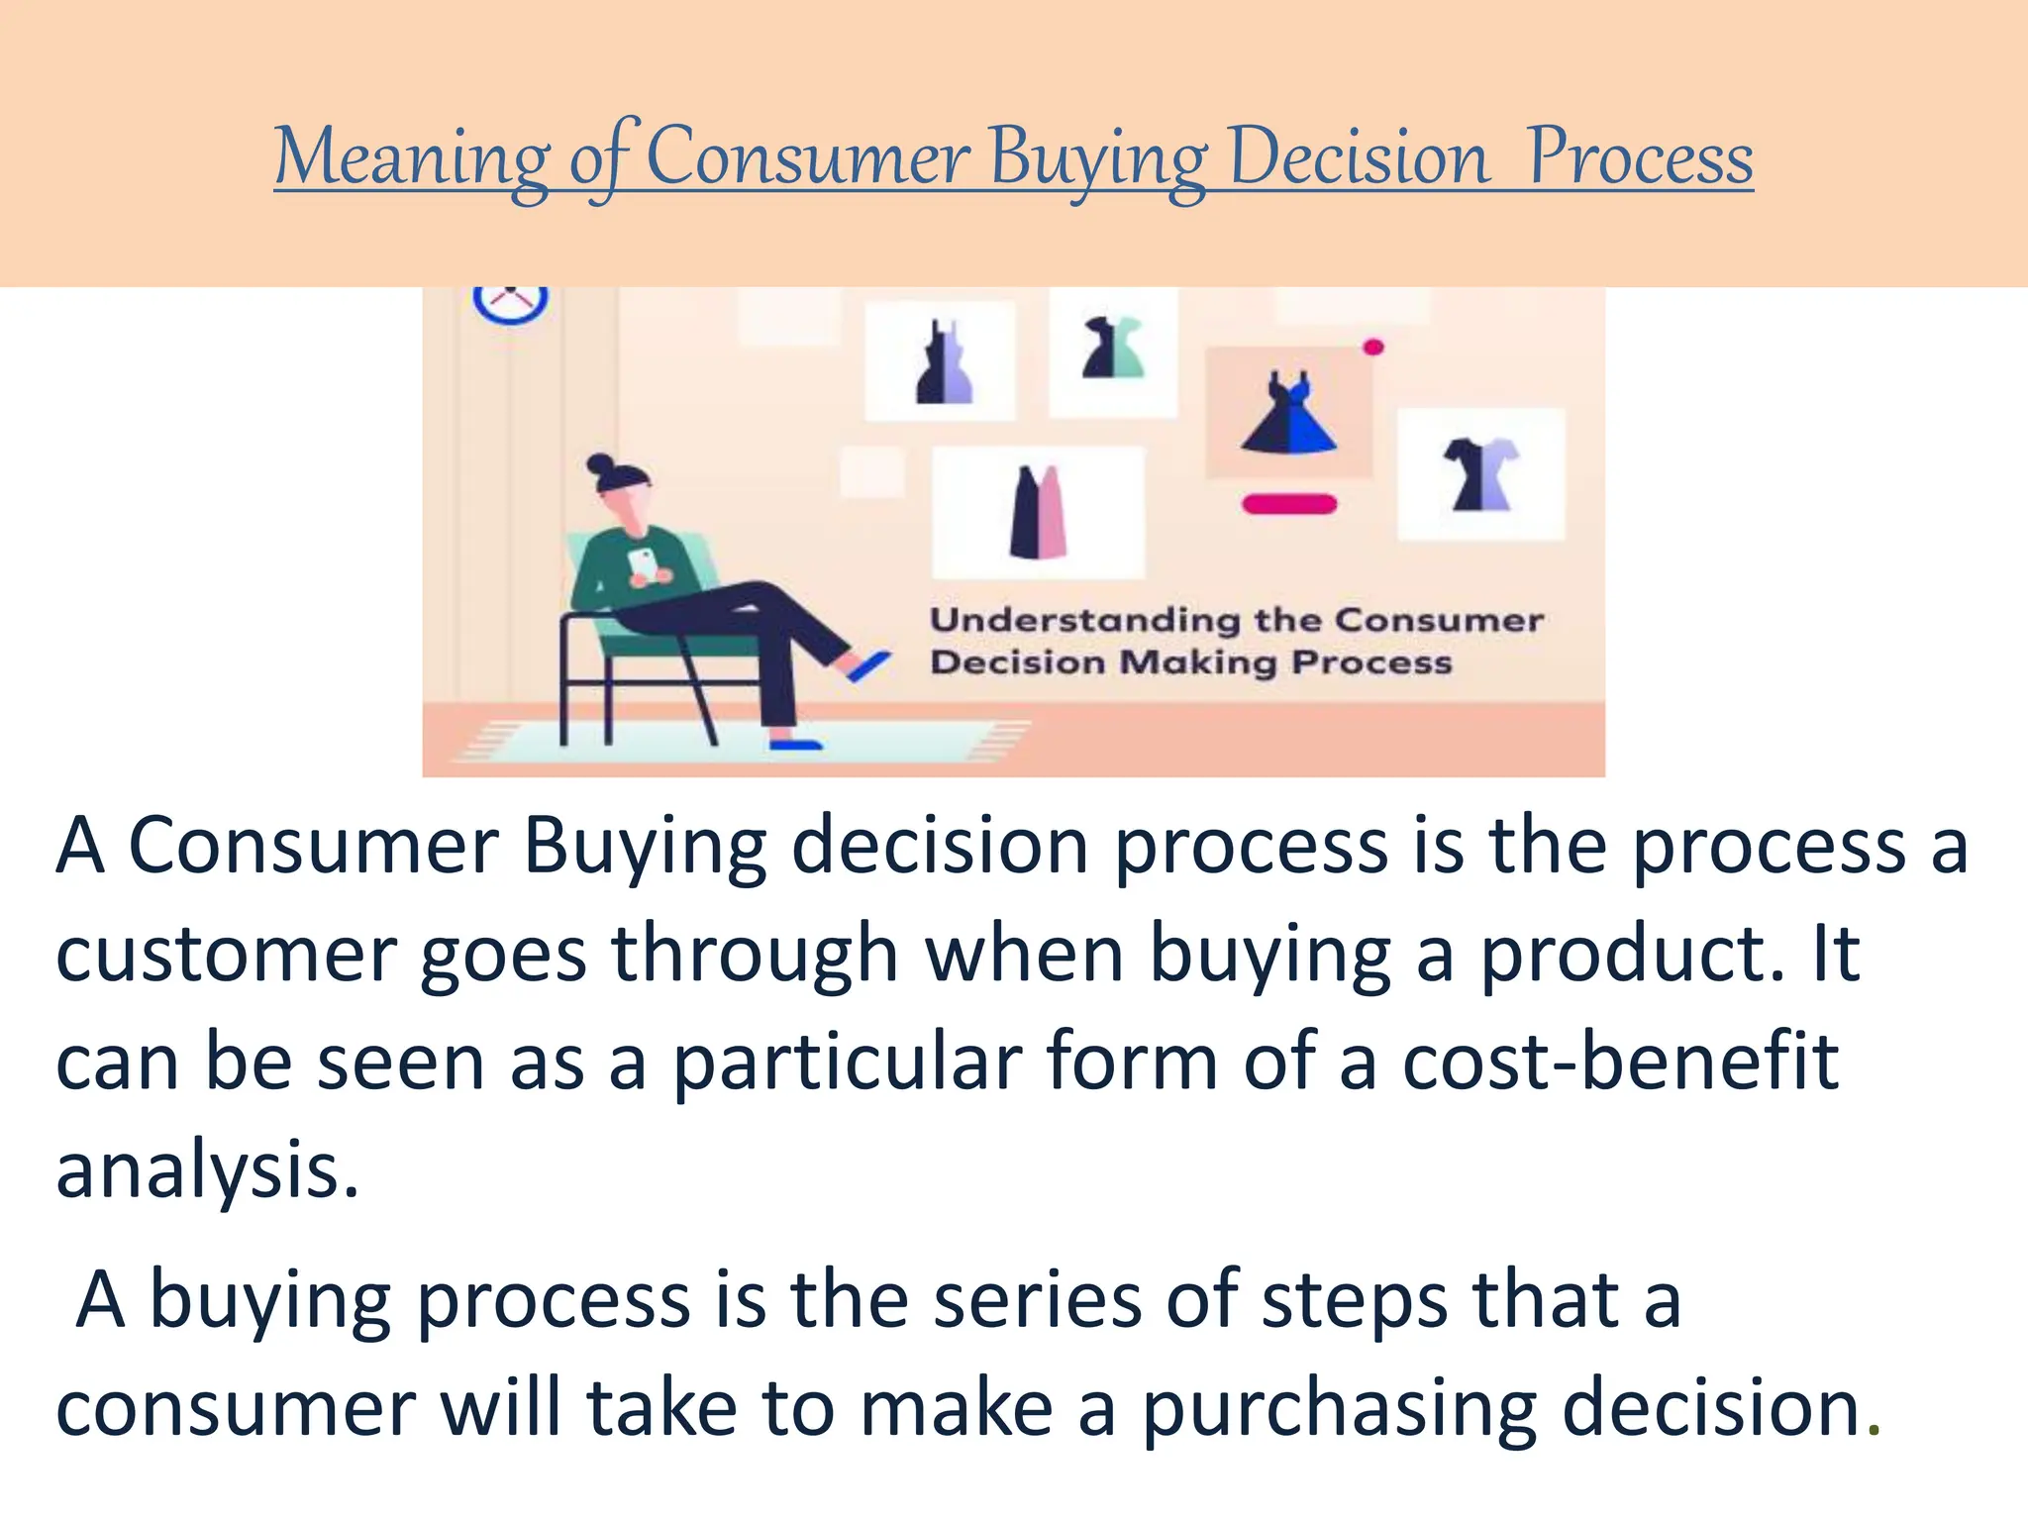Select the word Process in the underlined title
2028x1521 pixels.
coord(1639,158)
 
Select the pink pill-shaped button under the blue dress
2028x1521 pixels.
coord(1289,504)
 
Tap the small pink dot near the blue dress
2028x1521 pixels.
coord(1372,347)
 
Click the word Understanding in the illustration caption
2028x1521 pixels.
coord(1083,621)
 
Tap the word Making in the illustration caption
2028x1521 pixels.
coord(1196,662)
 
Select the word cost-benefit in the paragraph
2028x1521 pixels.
coord(1621,1062)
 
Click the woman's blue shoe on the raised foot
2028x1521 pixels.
coord(868,664)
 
